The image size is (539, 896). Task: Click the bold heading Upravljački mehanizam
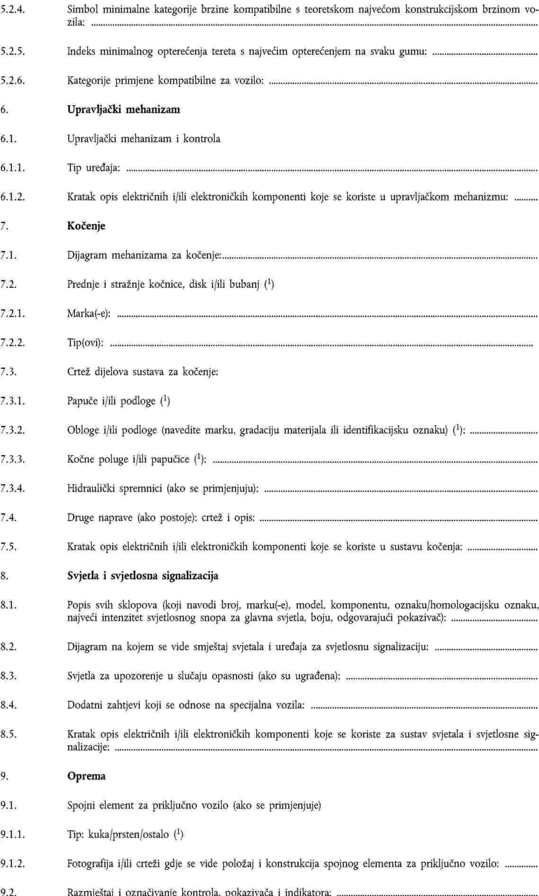[x=123, y=110]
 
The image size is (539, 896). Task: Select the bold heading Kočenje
[x=86, y=226]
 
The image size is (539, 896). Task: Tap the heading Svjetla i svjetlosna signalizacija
[x=143, y=576]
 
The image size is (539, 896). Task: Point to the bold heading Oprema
[x=86, y=776]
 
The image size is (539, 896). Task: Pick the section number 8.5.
[x=9, y=734]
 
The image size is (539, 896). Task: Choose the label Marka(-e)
[x=89, y=314]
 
